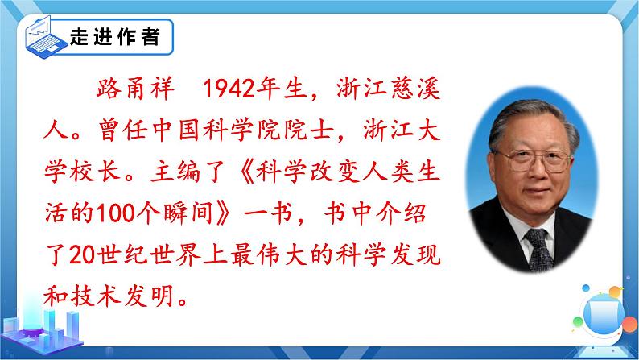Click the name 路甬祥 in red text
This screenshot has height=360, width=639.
(x=136, y=89)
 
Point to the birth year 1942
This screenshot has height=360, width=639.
(x=229, y=89)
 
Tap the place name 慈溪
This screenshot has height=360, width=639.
(x=415, y=89)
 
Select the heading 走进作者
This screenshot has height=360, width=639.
(x=114, y=36)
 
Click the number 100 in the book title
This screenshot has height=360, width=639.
(x=117, y=213)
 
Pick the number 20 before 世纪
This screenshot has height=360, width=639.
(x=83, y=254)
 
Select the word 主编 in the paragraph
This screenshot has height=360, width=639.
(x=175, y=172)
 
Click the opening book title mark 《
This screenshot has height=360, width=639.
(x=244, y=172)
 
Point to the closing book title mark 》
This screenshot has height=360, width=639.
(x=223, y=213)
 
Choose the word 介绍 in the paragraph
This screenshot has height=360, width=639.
(x=401, y=213)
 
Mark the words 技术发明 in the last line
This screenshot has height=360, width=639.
(x=123, y=296)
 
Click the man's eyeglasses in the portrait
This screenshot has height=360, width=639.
(x=534, y=160)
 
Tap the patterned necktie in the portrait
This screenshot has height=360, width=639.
(x=538, y=249)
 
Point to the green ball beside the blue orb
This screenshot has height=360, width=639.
(x=578, y=321)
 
